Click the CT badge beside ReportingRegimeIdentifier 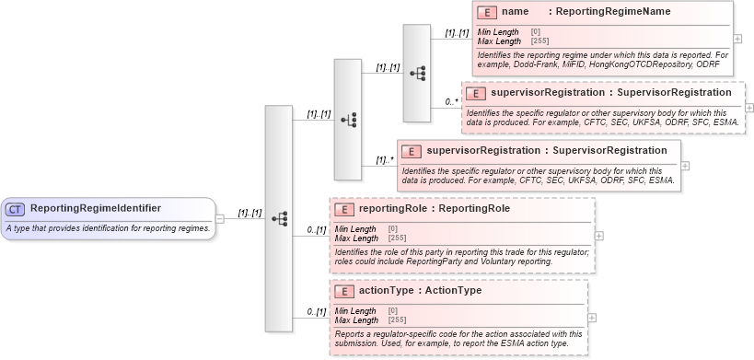click(17, 208)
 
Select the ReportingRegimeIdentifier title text click(96, 208)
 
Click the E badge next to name click(488, 12)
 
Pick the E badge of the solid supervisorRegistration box click(412, 151)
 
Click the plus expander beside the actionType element click(593, 318)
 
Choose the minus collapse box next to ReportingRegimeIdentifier click(220, 218)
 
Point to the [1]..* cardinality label click(385, 159)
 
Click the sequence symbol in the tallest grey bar click(278, 218)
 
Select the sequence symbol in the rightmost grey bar click(416, 74)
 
